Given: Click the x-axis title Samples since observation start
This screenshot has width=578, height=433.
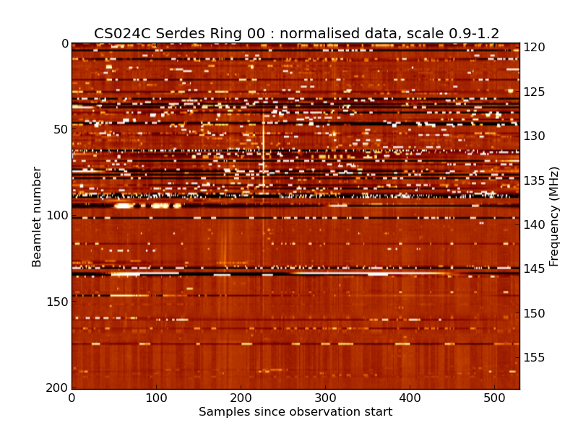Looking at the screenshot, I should pos(296,412).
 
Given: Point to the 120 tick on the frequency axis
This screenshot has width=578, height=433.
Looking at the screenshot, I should pos(535,48).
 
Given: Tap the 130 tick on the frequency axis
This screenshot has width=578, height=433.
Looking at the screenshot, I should pos(535,136).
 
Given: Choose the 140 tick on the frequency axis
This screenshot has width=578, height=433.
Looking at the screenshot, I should pos(535,225).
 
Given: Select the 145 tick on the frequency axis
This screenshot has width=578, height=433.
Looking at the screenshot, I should pos(535,269).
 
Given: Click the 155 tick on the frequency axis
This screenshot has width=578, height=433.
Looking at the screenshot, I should pos(535,358).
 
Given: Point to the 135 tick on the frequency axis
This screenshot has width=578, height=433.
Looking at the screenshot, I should pos(535,180).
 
